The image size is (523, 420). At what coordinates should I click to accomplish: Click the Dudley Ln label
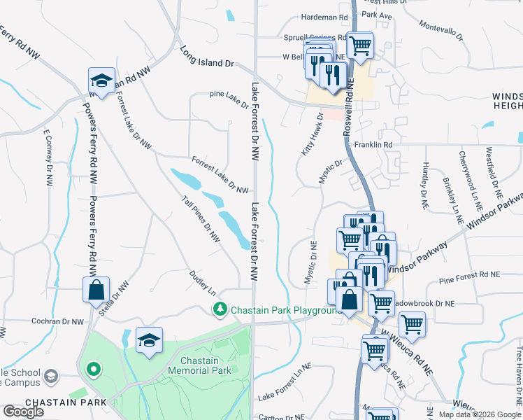203,283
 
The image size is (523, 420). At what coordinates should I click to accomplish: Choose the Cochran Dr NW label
57,322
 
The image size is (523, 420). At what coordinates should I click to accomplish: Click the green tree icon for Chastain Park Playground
220,309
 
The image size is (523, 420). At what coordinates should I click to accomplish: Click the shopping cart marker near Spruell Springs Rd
360,46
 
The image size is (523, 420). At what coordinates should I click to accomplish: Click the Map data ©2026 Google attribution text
480,414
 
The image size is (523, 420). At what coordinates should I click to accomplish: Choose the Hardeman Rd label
324,17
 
